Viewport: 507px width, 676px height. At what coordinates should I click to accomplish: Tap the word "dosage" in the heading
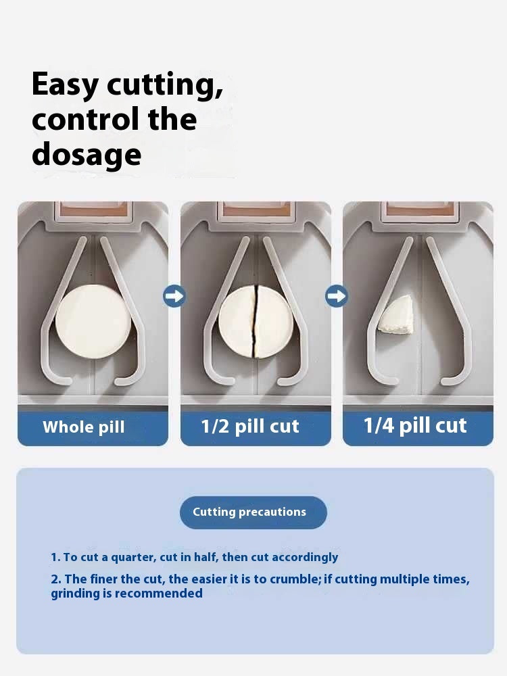pyautogui.click(x=87, y=154)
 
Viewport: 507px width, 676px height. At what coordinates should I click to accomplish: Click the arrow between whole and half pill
pyautogui.click(x=174, y=296)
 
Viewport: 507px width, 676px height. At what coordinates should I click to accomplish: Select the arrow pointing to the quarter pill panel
pyautogui.click(x=337, y=296)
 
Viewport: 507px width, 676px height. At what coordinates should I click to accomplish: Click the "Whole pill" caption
pyautogui.click(x=84, y=427)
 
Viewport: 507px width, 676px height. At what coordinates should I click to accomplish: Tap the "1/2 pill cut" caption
pyautogui.click(x=249, y=427)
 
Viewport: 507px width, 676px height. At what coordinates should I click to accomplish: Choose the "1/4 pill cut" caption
pyautogui.click(x=415, y=426)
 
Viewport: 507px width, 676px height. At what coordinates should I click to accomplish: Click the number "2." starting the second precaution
pyautogui.click(x=56, y=579)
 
